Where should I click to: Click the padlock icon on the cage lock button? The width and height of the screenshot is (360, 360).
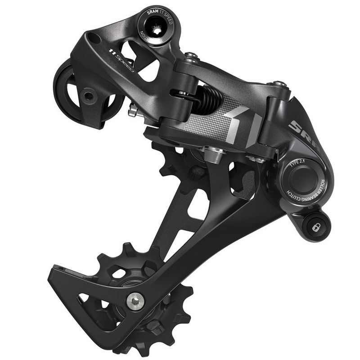[315, 228]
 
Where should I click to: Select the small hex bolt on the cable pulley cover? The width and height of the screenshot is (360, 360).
[88, 95]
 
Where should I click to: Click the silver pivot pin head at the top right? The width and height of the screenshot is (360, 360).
[279, 84]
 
